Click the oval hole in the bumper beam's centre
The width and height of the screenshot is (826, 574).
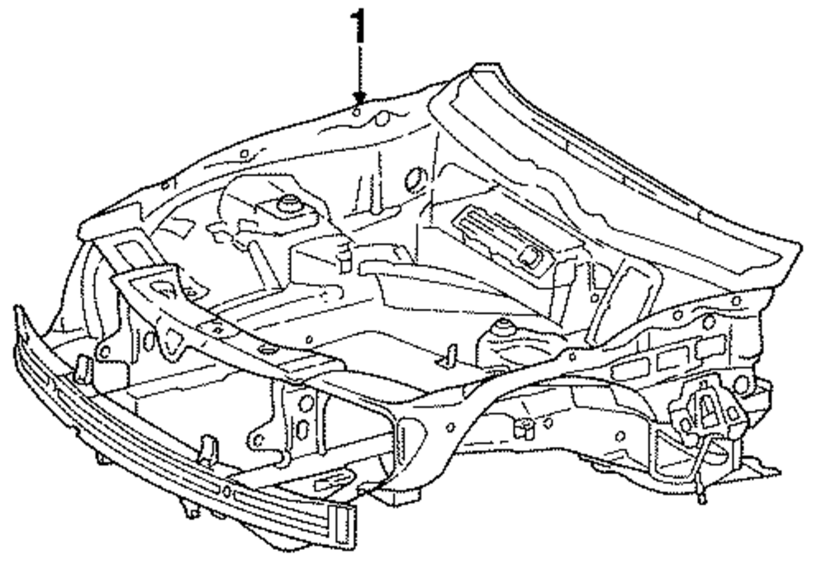[225, 490]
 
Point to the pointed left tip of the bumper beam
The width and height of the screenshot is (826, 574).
[18, 314]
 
